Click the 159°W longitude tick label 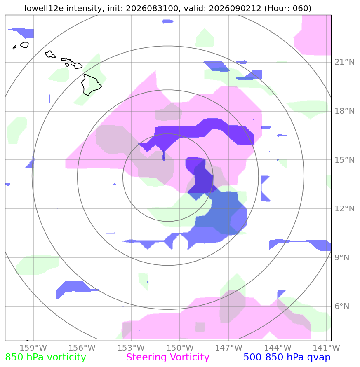[33, 348]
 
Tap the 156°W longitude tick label [82, 348]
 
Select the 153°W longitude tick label [131, 348]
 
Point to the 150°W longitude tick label [180, 348]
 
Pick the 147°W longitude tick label [229, 348]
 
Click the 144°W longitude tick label [278, 348]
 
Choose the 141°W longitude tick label [327, 348]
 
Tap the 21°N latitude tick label [344, 62]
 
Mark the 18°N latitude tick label [344, 111]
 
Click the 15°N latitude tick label [344, 160]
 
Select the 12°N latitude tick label [344, 208]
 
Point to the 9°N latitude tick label [342, 258]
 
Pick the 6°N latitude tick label [342, 306]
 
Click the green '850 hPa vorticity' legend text [46, 358]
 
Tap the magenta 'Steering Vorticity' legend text [167, 358]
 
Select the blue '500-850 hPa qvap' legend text [287, 358]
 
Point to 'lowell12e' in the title [44, 8]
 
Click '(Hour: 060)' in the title [288, 8]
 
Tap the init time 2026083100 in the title [152, 8]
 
